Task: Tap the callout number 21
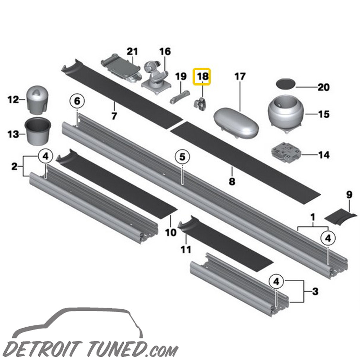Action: coord(132,52)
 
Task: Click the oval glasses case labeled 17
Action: coord(236,122)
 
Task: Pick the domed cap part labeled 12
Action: coord(37,99)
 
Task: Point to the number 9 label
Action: coord(349,194)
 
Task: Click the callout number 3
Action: coord(315,291)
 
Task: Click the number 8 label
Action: coord(232,181)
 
